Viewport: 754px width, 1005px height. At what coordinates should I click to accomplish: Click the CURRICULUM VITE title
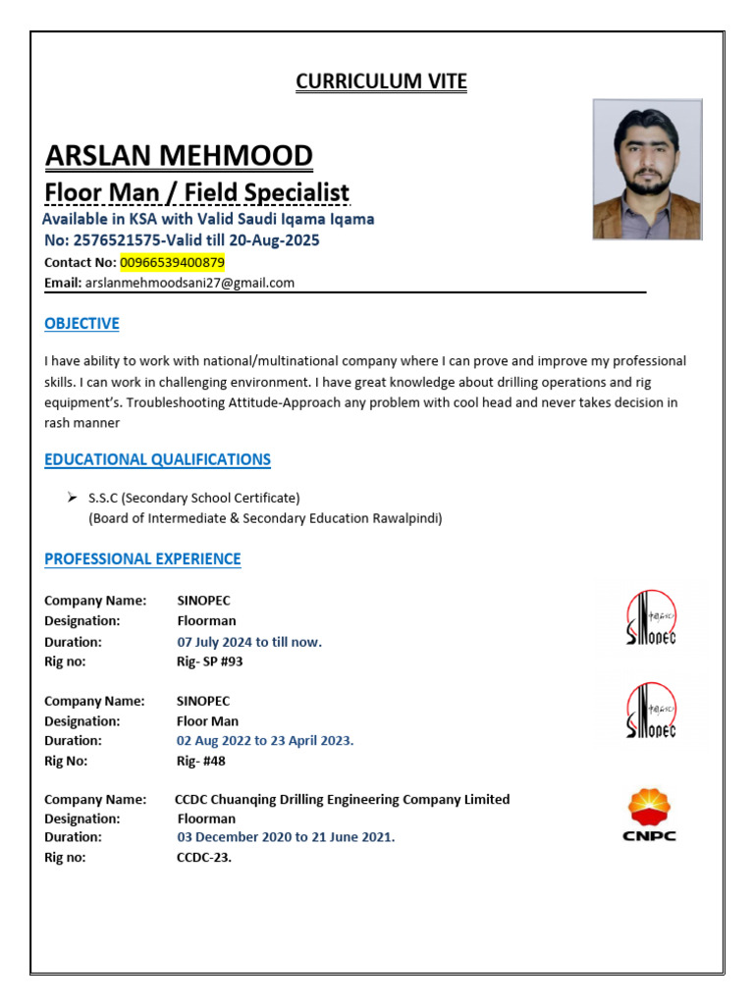pyautogui.click(x=381, y=81)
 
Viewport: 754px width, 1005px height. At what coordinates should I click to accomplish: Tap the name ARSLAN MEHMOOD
pyautogui.click(x=179, y=155)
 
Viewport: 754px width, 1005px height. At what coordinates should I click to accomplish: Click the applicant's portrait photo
pyautogui.click(x=647, y=169)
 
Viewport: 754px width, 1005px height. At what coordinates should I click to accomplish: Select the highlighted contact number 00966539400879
pyautogui.click(x=173, y=262)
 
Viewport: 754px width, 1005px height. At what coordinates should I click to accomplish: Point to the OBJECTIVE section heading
pyautogui.click(x=81, y=324)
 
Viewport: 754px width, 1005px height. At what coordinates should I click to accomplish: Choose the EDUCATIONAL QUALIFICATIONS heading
pyautogui.click(x=157, y=459)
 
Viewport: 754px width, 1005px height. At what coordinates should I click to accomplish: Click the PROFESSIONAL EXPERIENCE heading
pyautogui.click(x=142, y=559)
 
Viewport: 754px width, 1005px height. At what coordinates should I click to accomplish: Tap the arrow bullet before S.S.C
pyautogui.click(x=72, y=497)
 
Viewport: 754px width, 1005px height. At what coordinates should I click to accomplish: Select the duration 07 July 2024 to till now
pyautogui.click(x=249, y=642)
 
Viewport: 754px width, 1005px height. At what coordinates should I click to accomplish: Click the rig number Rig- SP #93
pyautogui.click(x=209, y=661)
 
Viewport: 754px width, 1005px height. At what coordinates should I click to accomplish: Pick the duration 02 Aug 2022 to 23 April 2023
pyautogui.click(x=265, y=741)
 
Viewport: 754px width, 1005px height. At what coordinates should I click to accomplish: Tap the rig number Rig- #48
pyautogui.click(x=201, y=761)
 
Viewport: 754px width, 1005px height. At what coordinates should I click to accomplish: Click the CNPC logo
pyautogui.click(x=650, y=816)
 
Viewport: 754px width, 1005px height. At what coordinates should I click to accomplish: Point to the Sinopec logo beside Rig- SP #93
pyautogui.click(x=651, y=617)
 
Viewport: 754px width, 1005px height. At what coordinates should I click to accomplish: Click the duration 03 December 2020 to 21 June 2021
pyautogui.click(x=286, y=837)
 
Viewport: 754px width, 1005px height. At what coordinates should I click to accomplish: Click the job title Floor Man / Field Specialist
pyautogui.click(x=197, y=192)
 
